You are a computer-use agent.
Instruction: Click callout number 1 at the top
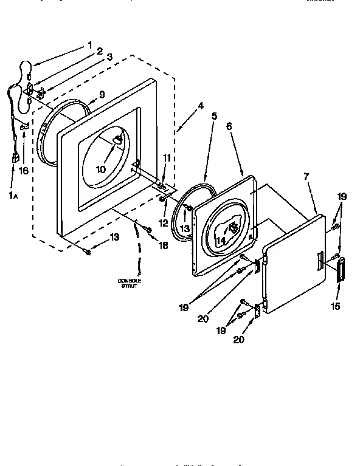pos(89,44)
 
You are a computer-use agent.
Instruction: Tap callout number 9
pos(102,95)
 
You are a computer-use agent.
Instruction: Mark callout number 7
pos(306,176)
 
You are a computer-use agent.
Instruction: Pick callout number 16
pos(24,171)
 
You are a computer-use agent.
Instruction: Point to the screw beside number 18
pos(147,229)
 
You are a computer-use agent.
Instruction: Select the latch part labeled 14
pos(232,228)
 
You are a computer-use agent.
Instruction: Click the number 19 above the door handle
pos(342,197)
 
